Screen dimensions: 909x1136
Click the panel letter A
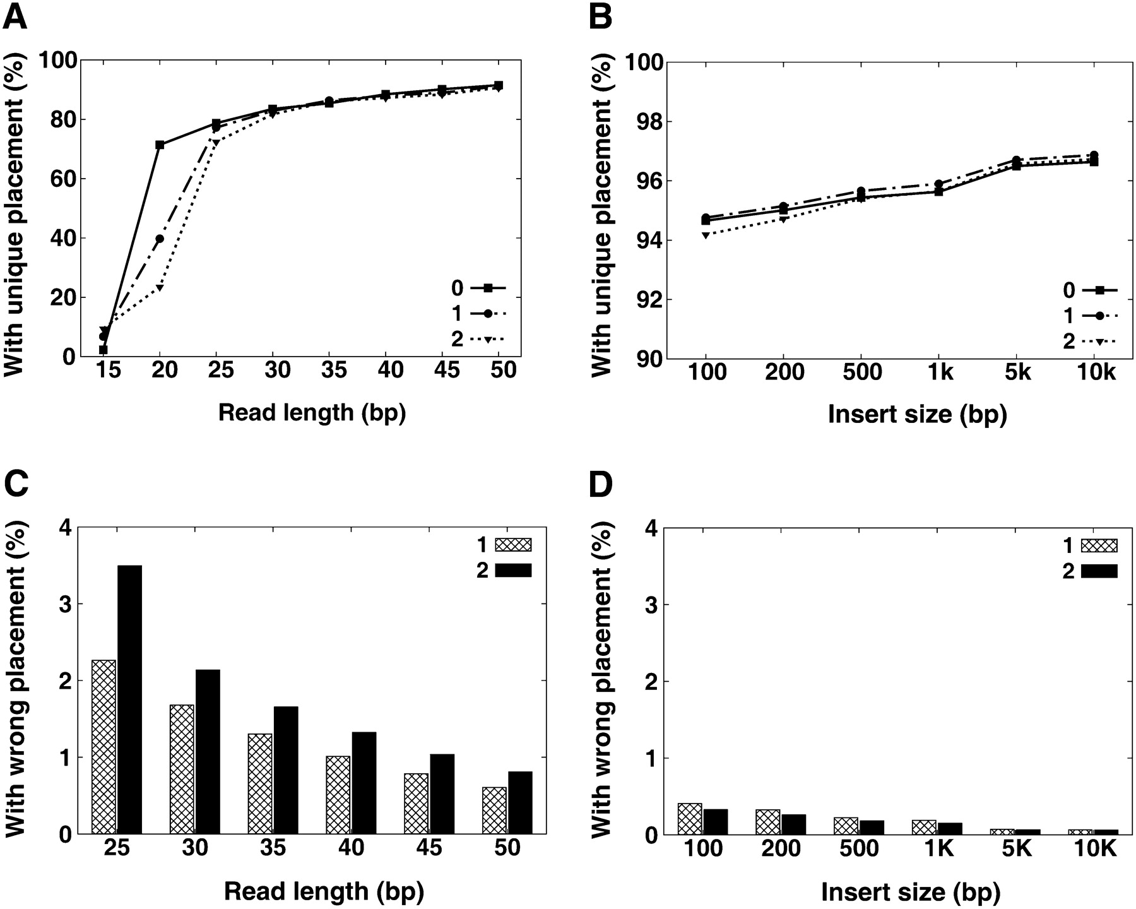pos(15,16)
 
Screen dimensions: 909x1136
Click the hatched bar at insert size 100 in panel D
pos(690,819)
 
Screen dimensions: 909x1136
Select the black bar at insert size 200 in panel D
pos(794,824)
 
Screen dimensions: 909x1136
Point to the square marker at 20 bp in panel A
pos(160,145)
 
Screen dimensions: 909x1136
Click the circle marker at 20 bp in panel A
pos(160,239)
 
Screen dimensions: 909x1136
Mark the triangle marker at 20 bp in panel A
pos(160,288)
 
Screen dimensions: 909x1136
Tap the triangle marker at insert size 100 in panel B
pos(705,235)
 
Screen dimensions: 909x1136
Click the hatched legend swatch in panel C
pos(514,544)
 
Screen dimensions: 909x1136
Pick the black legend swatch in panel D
pos(1099,571)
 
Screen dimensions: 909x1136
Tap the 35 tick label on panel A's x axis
pos(334,370)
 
